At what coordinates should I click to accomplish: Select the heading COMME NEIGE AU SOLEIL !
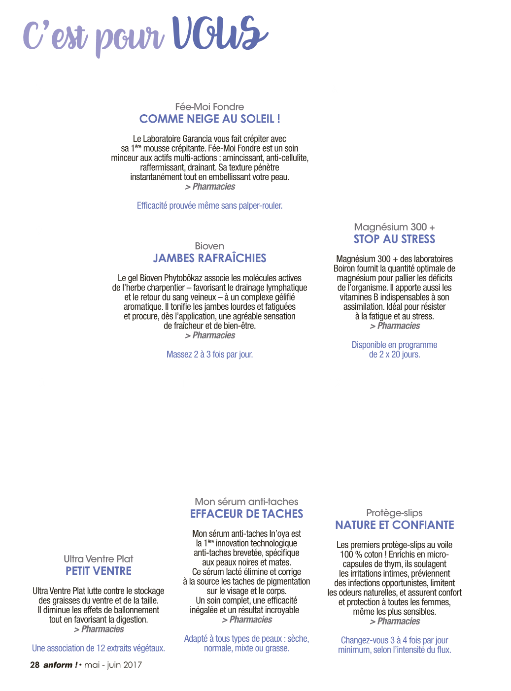(x=209, y=119)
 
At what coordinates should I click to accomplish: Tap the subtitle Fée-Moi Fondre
(x=209, y=106)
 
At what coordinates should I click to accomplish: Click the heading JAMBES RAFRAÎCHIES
(x=209, y=258)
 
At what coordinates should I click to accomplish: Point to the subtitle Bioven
(x=209, y=246)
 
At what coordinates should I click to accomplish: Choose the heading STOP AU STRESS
(x=394, y=239)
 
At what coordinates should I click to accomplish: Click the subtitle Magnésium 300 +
(x=394, y=227)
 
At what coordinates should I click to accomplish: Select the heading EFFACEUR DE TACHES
(x=246, y=514)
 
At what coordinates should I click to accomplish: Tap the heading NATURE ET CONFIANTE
(x=394, y=525)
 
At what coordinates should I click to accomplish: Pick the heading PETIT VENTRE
(x=99, y=571)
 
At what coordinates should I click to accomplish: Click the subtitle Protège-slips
(x=394, y=513)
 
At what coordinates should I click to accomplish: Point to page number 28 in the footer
(x=34, y=665)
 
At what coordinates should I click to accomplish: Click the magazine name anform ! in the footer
(x=61, y=665)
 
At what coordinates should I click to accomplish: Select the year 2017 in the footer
(x=133, y=665)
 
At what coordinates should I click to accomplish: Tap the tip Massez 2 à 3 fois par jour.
(x=209, y=354)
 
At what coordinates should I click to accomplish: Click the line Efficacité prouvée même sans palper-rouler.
(x=209, y=205)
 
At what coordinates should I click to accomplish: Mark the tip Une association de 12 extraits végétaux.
(x=99, y=648)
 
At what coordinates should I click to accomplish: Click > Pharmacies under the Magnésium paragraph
(x=395, y=326)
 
